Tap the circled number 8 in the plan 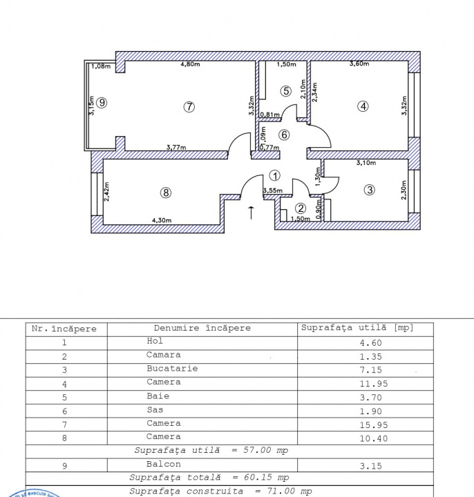165,193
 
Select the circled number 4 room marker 363,106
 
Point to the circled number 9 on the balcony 102,103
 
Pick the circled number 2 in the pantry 301,208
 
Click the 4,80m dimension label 190,65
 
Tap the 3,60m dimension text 359,65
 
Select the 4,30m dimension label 162,221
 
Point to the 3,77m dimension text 176,146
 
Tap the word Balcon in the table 164,465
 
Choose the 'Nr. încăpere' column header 65,329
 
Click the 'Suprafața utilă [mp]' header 357,327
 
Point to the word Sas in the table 154,410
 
